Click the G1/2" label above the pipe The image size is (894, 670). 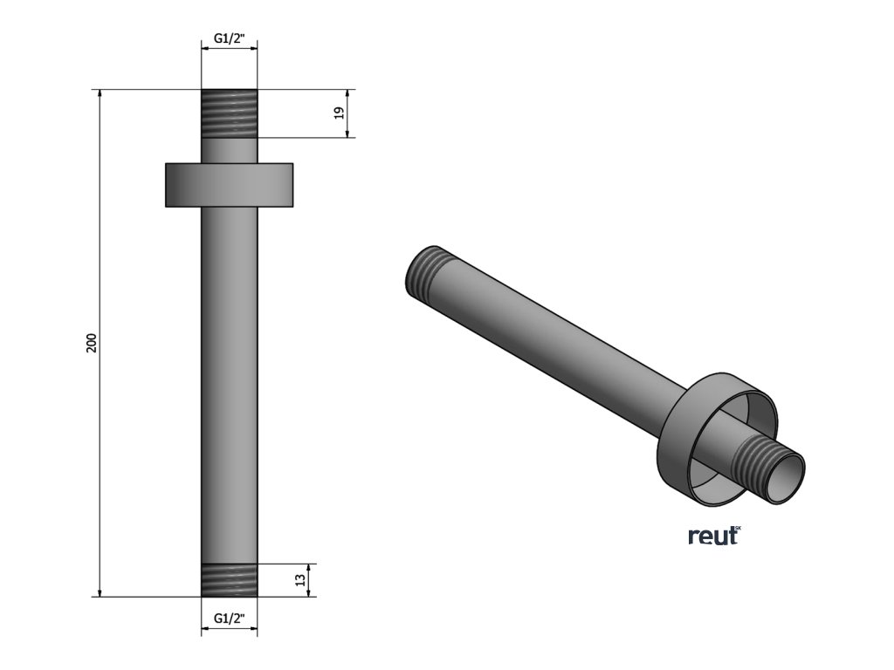(x=230, y=39)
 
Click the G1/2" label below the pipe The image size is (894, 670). (x=230, y=619)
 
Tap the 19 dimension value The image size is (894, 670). (x=340, y=113)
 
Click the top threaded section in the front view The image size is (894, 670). (x=230, y=113)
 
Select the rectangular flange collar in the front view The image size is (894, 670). (x=230, y=185)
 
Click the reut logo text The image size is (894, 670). (x=712, y=536)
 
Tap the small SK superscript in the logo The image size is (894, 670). (x=737, y=528)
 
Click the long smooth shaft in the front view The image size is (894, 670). (x=230, y=375)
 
